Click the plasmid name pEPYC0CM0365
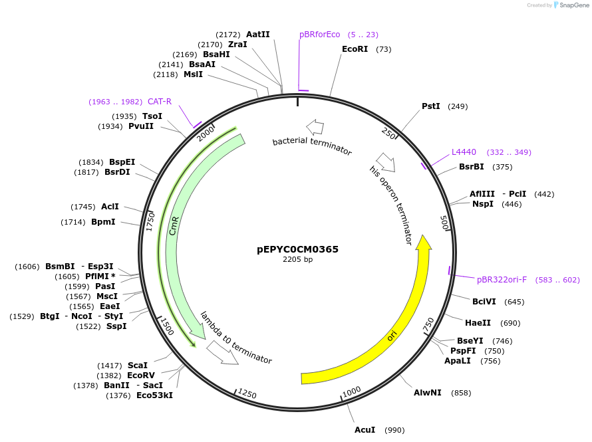coord(297,249)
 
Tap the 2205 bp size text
coord(297,260)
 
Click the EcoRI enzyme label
coord(355,49)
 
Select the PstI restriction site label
coord(431,106)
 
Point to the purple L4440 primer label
coord(464,152)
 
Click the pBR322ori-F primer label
coord(502,280)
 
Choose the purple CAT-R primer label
coord(160,102)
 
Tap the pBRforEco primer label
coord(319,35)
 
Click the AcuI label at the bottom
coord(365,430)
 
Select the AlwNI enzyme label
coord(427,393)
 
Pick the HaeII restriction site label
coord(478,323)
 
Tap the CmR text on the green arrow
coord(174,225)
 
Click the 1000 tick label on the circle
coord(351,390)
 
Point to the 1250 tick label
coord(247,393)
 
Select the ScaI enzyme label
coord(138,366)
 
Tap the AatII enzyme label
coord(258,35)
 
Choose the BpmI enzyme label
coord(103,222)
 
